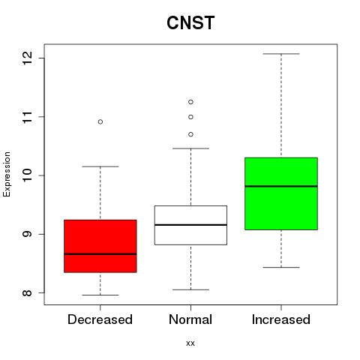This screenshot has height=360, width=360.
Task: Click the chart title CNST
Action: coord(190,22)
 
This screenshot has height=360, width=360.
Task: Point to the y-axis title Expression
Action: coord(7,174)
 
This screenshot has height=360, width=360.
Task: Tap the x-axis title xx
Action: coord(190,343)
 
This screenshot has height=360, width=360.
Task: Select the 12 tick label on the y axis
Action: coord(28,58)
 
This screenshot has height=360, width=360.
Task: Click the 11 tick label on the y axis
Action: coord(28,117)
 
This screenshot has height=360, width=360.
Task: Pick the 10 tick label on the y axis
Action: coord(28,175)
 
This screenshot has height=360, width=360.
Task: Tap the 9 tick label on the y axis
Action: coord(28,234)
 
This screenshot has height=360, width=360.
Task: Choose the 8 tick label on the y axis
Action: coord(28,292)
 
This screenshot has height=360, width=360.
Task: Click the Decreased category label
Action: coord(100,319)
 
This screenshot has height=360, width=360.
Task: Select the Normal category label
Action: coord(190,319)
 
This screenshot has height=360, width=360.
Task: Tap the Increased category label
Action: coord(281,319)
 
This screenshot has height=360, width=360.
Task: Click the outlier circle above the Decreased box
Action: coord(100,121)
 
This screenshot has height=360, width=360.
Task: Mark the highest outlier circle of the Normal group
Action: coord(190,102)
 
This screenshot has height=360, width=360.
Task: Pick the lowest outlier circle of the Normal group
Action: coord(190,134)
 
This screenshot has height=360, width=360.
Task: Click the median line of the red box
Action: coord(100,254)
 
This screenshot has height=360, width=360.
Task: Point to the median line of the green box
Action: coord(281,186)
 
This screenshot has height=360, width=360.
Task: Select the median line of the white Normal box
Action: coord(190,225)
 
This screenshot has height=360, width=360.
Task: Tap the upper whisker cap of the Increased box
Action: coord(281,54)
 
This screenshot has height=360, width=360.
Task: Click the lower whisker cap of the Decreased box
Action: coord(100,295)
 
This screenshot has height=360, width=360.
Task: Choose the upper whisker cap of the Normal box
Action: coord(190,148)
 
